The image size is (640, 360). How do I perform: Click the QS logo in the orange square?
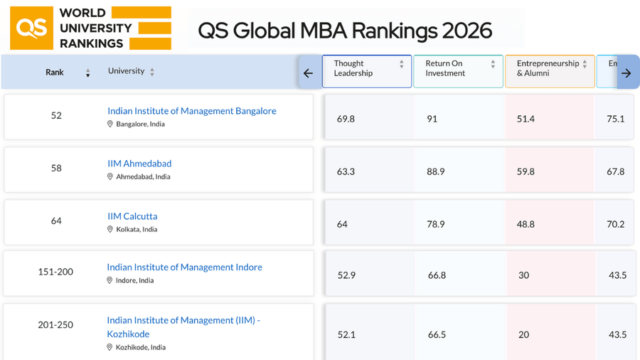click(31, 28)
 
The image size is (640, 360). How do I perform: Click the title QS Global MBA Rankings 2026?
click(344, 30)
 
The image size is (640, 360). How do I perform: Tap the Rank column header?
click(55, 72)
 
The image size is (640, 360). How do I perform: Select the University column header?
click(126, 71)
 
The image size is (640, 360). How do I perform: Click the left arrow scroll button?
click(308, 73)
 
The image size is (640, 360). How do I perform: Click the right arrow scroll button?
click(626, 73)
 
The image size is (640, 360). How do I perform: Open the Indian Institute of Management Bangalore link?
click(191, 111)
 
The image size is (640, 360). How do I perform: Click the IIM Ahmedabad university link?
click(139, 164)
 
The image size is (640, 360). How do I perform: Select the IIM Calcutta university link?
click(132, 216)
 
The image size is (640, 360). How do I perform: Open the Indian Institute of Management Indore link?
click(184, 268)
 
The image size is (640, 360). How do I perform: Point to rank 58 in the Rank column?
click(56, 168)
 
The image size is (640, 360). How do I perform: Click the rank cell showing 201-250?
click(55, 325)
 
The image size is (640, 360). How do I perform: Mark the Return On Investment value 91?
click(432, 119)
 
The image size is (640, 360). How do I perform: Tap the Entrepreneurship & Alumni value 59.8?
click(526, 171)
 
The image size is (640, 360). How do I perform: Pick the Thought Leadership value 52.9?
click(346, 275)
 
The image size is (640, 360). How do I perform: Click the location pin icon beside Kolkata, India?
click(110, 229)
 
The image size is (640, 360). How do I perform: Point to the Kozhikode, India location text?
click(141, 347)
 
